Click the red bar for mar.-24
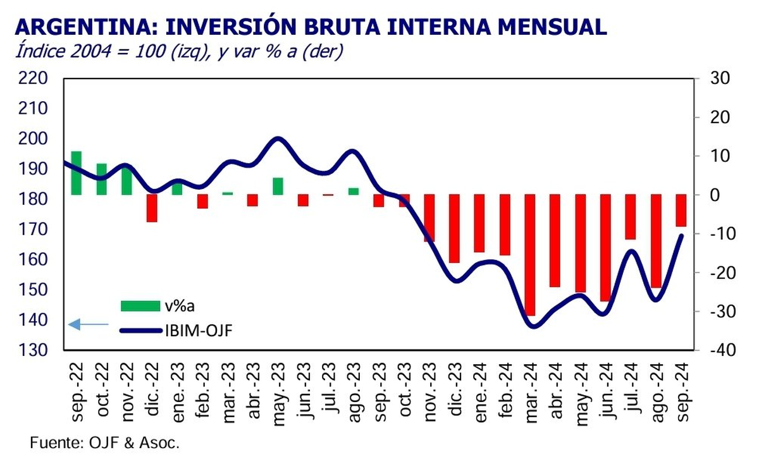tap(530, 255)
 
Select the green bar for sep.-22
tap(76, 173)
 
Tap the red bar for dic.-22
tap(152, 208)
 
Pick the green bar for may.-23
tap(278, 186)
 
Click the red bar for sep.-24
tap(681, 211)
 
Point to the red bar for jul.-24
tap(631, 217)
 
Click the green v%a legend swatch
tap(140, 306)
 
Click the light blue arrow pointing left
tap(89, 324)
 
